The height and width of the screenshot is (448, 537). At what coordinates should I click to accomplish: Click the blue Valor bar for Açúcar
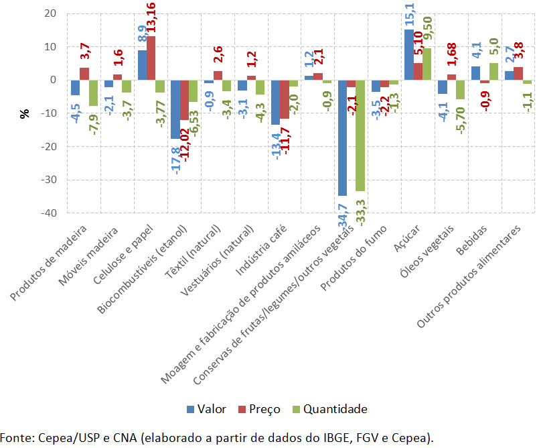click(x=408, y=54)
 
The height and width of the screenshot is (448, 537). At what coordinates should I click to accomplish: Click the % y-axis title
click(x=25, y=113)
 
